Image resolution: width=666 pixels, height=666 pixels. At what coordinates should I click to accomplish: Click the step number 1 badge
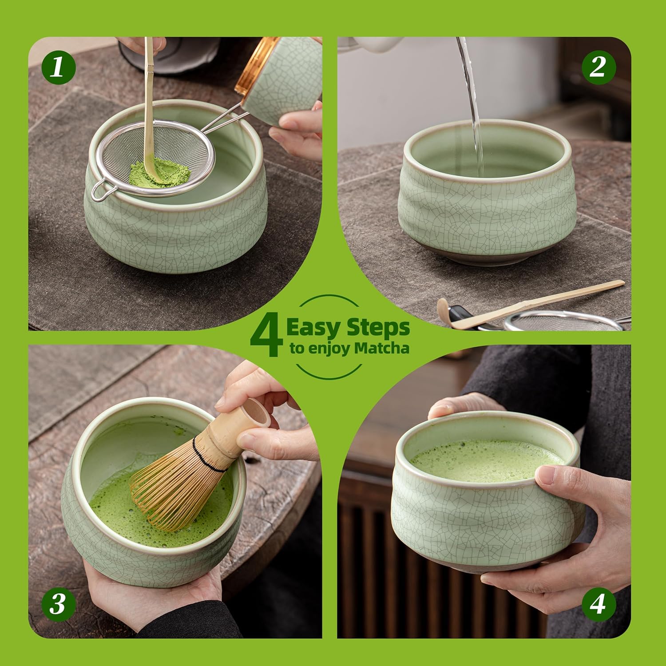(58, 67)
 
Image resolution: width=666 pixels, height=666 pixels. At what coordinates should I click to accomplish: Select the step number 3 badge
(58, 604)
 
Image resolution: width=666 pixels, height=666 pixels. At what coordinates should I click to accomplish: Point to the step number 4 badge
(598, 604)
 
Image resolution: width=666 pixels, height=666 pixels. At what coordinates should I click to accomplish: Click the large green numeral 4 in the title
(266, 337)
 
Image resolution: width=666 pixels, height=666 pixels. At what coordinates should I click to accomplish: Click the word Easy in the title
(313, 329)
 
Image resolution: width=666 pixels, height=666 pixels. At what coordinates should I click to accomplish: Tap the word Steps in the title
(378, 329)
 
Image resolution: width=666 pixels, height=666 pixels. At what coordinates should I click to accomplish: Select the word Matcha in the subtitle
(381, 349)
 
